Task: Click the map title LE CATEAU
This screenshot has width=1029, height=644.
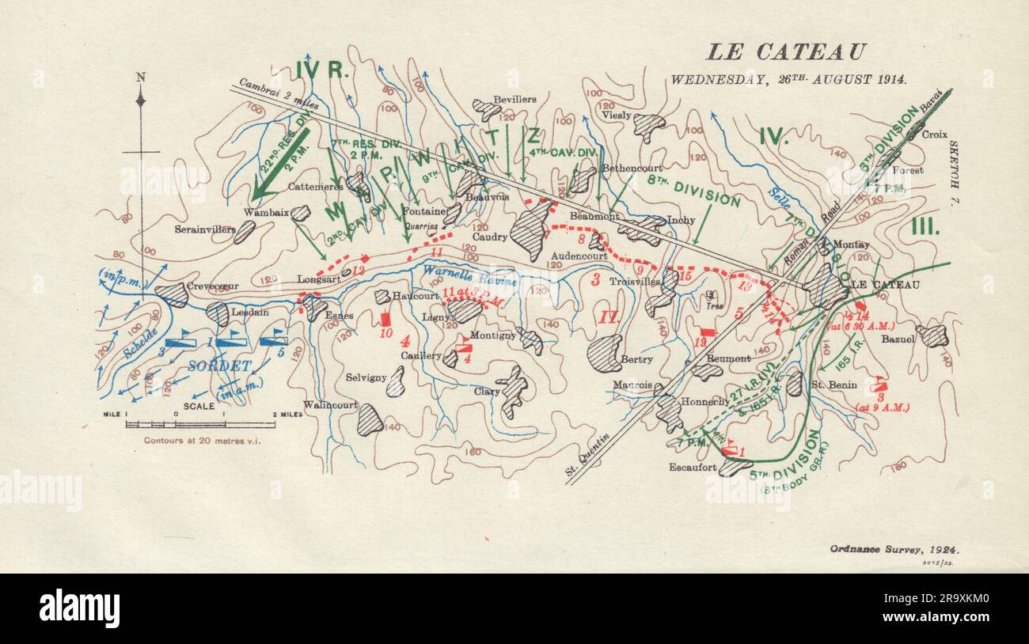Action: pyautogui.click(x=785, y=52)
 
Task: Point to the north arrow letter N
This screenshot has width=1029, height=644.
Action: pyautogui.click(x=141, y=77)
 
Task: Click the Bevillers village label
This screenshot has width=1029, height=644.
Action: pyautogui.click(x=514, y=100)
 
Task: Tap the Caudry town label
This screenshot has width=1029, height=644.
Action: pyautogui.click(x=489, y=237)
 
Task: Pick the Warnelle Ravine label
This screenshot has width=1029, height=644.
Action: pyautogui.click(x=469, y=275)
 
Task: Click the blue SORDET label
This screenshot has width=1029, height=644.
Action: pyautogui.click(x=219, y=366)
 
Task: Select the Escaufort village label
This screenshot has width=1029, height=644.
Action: pyautogui.click(x=693, y=467)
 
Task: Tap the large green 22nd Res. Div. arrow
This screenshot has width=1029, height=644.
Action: pyautogui.click(x=279, y=165)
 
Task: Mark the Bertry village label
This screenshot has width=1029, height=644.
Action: pyautogui.click(x=636, y=359)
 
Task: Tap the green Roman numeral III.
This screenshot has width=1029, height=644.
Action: pyautogui.click(x=924, y=227)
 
